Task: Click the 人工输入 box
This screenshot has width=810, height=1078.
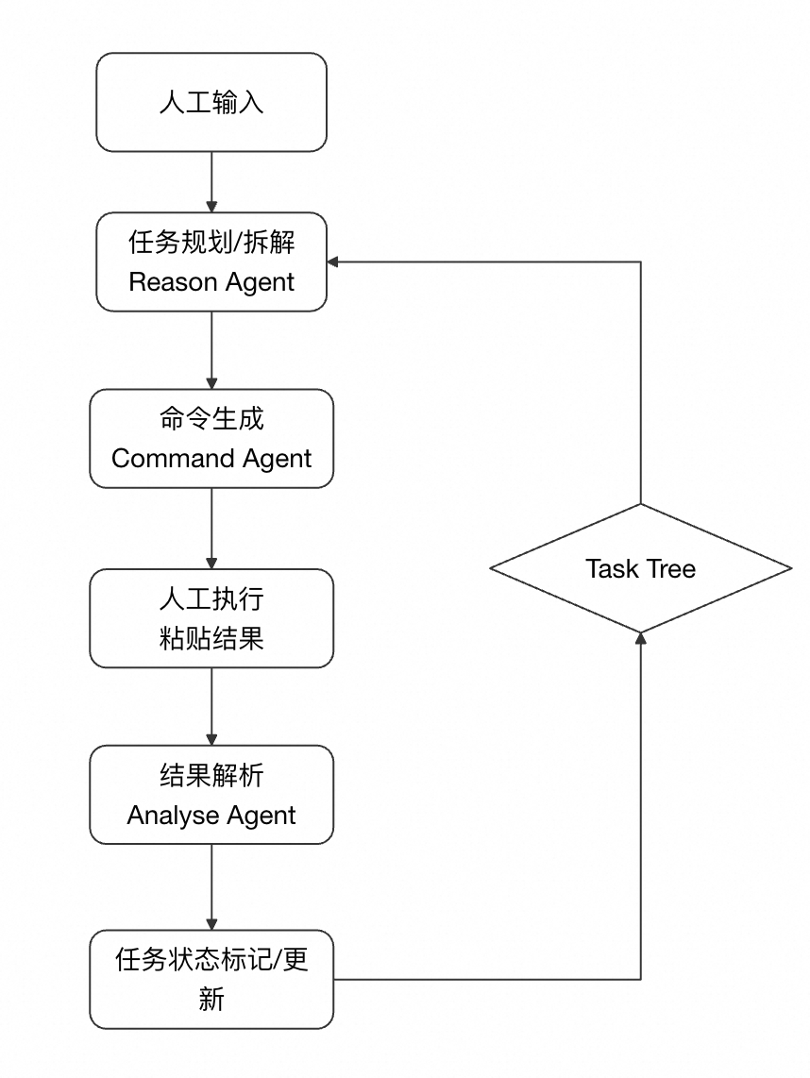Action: [x=211, y=103]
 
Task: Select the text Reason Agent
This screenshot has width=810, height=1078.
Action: [x=211, y=282]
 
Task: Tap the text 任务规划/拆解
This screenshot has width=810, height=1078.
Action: [x=211, y=242]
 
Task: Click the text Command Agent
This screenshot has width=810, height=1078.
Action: [x=211, y=459]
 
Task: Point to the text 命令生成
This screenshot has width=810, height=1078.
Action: [x=211, y=418]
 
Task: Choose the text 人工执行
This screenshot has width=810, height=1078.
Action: [x=211, y=598]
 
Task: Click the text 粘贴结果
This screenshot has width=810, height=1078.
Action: [x=211, y=638]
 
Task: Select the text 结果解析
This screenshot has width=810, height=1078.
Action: [x=211, y=775]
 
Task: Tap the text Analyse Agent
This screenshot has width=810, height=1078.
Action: [x=211, y=816]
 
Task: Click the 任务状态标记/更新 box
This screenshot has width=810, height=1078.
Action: [x=211, y=980]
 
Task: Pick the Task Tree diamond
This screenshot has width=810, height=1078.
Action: [x=641, y=568]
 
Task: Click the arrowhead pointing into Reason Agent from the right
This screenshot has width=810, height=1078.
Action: [x=332, y=261]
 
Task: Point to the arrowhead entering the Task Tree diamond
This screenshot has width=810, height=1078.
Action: [x=641, y=638]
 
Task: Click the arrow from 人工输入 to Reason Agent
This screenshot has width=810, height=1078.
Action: [x=211, y=182]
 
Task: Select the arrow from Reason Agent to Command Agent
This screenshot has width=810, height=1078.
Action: [x=211, y=350]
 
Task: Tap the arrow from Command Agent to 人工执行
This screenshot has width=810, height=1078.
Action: [x=211, y=529]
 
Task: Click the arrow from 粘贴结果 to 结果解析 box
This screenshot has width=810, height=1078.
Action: [x=211, y=707]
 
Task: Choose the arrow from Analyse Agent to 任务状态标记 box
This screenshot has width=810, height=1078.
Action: [x=211, y=887]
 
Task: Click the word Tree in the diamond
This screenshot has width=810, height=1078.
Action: [x=669, y=569]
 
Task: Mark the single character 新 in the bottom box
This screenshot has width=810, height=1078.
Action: [x=211, y=999]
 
